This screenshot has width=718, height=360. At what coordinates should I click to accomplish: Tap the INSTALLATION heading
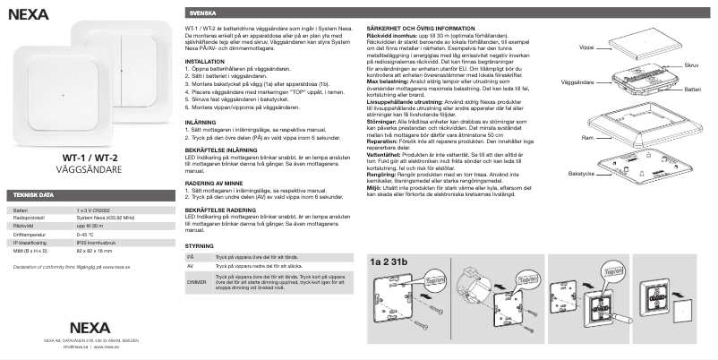pyautogui.click(x=204, y=61)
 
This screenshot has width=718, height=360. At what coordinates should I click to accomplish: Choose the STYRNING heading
pyautogui.click(x=199, y=244)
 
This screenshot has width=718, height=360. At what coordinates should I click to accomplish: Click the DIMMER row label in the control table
pyautogui.click(x=196, y=282)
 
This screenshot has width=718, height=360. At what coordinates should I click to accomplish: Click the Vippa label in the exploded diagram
pyautogui.click(x=586, y=45)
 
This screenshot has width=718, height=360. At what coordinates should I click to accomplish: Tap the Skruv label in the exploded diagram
pyautogui.click(x=691, y=65)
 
